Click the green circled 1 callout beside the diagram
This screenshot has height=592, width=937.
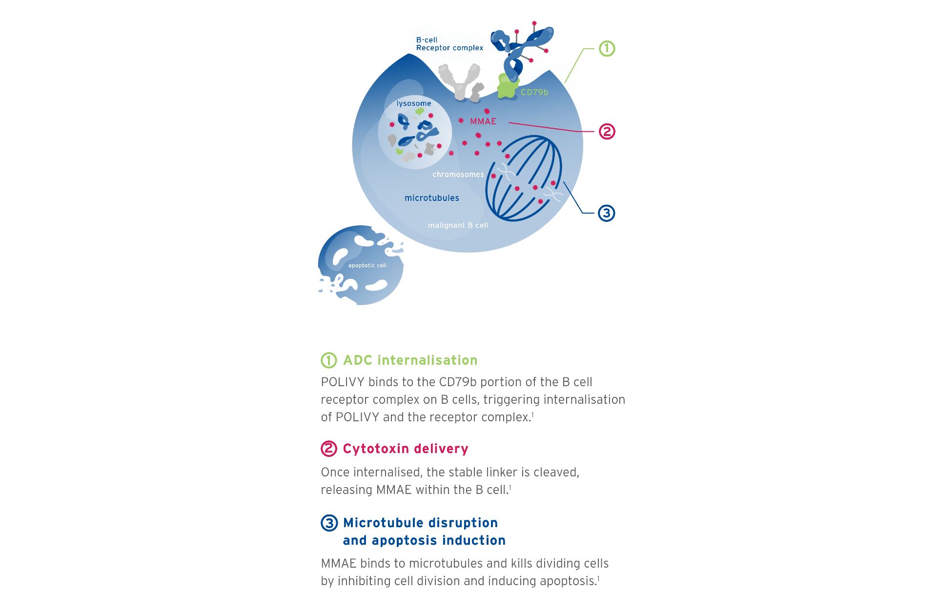tap(607, 49)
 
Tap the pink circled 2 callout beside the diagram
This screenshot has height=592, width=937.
tap(607, 132)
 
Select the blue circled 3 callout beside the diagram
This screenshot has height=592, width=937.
tap(606, 213)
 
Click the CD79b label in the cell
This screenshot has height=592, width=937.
tap(534, 92)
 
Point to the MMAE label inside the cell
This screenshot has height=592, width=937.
tap(483, 121)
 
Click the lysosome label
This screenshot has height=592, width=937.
tap(414, 103)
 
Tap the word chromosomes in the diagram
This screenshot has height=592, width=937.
tap(458, 175)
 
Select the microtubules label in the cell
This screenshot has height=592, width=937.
tap(431, 198)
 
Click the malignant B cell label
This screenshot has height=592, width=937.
tap(458, 225)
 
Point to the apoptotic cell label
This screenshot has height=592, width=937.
tap(367, 266)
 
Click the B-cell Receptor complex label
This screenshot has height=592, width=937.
tap(449, 44)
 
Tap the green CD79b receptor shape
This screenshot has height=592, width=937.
tap(507, 88)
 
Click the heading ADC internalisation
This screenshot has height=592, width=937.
tap(410, 360)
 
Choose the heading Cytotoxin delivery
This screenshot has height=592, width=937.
tap(405, 449)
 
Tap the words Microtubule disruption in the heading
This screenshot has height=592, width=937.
tap(420, 523)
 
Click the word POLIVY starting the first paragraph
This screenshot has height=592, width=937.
tap(343, 382)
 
